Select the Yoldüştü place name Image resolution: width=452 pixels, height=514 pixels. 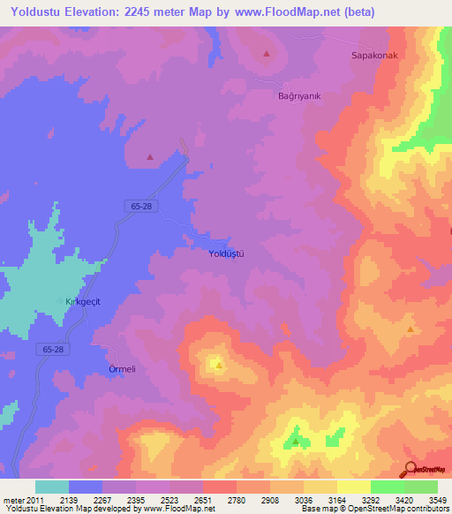[225, 253]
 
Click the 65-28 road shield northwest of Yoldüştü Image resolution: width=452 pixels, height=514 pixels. [136, 205]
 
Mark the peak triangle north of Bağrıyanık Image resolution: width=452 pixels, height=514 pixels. [267, 54]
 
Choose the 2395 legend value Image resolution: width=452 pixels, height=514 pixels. [136, 500]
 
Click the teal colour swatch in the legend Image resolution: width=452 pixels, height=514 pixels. [52, 487]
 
